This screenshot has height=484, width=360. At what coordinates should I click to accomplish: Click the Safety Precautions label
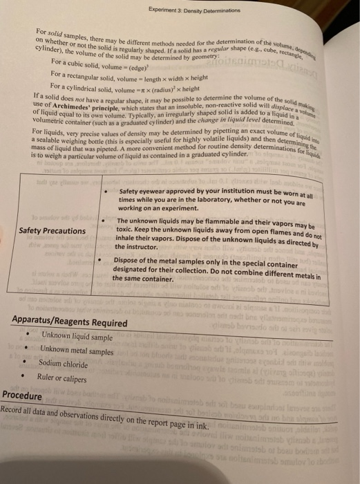pos(53,230)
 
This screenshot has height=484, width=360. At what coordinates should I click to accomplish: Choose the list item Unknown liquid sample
pos(76,336)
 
